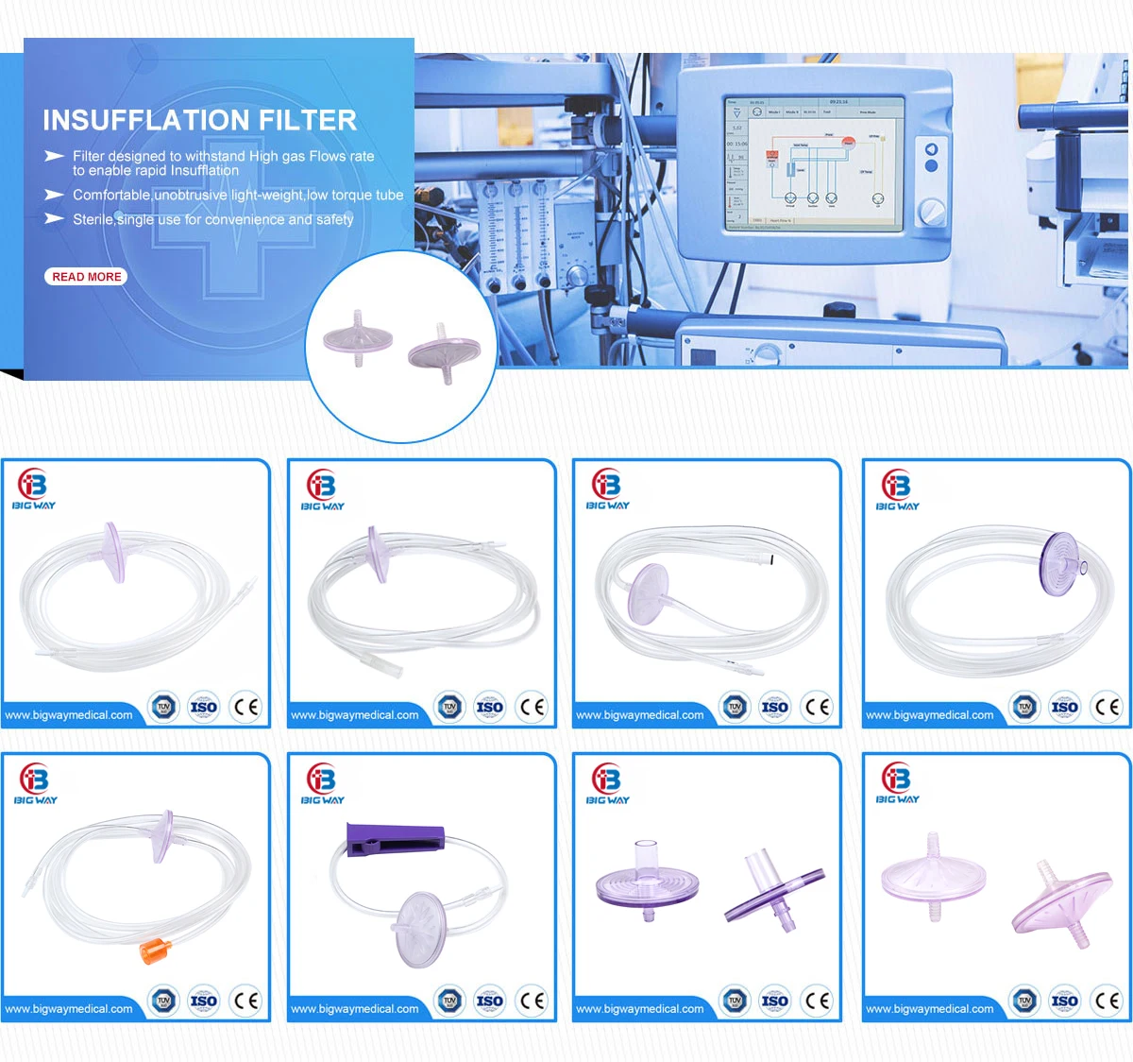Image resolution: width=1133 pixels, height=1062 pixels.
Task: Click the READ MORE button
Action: (x=86, y=277)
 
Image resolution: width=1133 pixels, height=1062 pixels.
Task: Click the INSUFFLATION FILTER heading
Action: (x=199, y=120)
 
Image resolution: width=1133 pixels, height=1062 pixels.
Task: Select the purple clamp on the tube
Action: (x=395, y=838)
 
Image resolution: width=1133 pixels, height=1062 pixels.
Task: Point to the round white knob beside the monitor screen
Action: (x=933, y=211)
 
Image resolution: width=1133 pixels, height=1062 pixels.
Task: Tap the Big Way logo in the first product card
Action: (x=33, y=489)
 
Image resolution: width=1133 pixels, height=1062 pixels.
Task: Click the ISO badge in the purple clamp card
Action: (x=489, y=1001)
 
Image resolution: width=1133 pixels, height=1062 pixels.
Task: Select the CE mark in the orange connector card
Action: (x=245, y=1001)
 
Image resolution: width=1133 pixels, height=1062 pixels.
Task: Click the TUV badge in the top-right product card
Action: (x=1024, y=707)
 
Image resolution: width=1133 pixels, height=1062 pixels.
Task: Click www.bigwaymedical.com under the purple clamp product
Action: (x=355, y=1009)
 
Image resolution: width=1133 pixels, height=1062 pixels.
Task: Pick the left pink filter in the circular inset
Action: (x=358, y=337)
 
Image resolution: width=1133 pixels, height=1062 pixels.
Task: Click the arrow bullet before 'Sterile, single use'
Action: (x=54, y=219)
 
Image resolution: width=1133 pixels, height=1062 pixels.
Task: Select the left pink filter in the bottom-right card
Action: (x=933, y=878)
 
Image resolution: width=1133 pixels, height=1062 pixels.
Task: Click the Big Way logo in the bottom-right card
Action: (x=897, y=783)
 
